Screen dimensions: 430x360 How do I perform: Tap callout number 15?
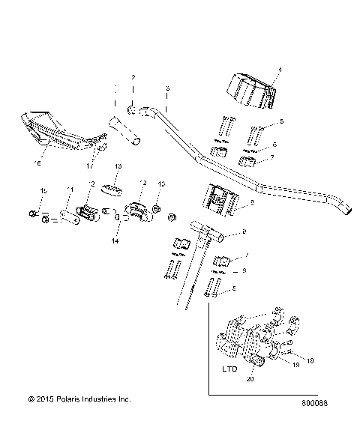click(x=43, y=193)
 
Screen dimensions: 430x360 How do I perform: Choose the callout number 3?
click(x=166, y=88)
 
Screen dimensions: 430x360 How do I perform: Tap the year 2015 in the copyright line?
click(x=45, y=400)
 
